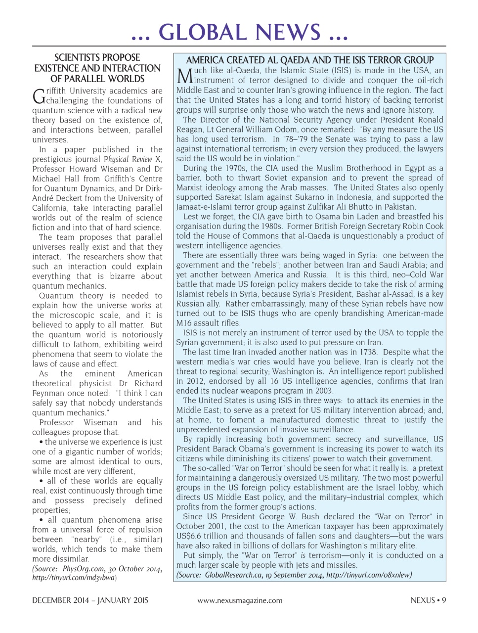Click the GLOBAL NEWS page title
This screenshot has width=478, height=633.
[x=239, y=33]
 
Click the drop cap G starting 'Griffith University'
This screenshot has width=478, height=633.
[x=38, y=96]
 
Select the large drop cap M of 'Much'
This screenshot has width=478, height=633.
[x=184, y=76]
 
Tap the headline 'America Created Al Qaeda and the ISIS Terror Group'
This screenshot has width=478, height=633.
[x=309, y=60]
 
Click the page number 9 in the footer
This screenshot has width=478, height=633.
[x=444, y=600]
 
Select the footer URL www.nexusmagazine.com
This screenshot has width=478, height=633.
[x=240, y=600]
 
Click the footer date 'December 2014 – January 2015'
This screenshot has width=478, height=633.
[x=90, y=600]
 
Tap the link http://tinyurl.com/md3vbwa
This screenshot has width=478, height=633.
[x=74, y=578]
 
